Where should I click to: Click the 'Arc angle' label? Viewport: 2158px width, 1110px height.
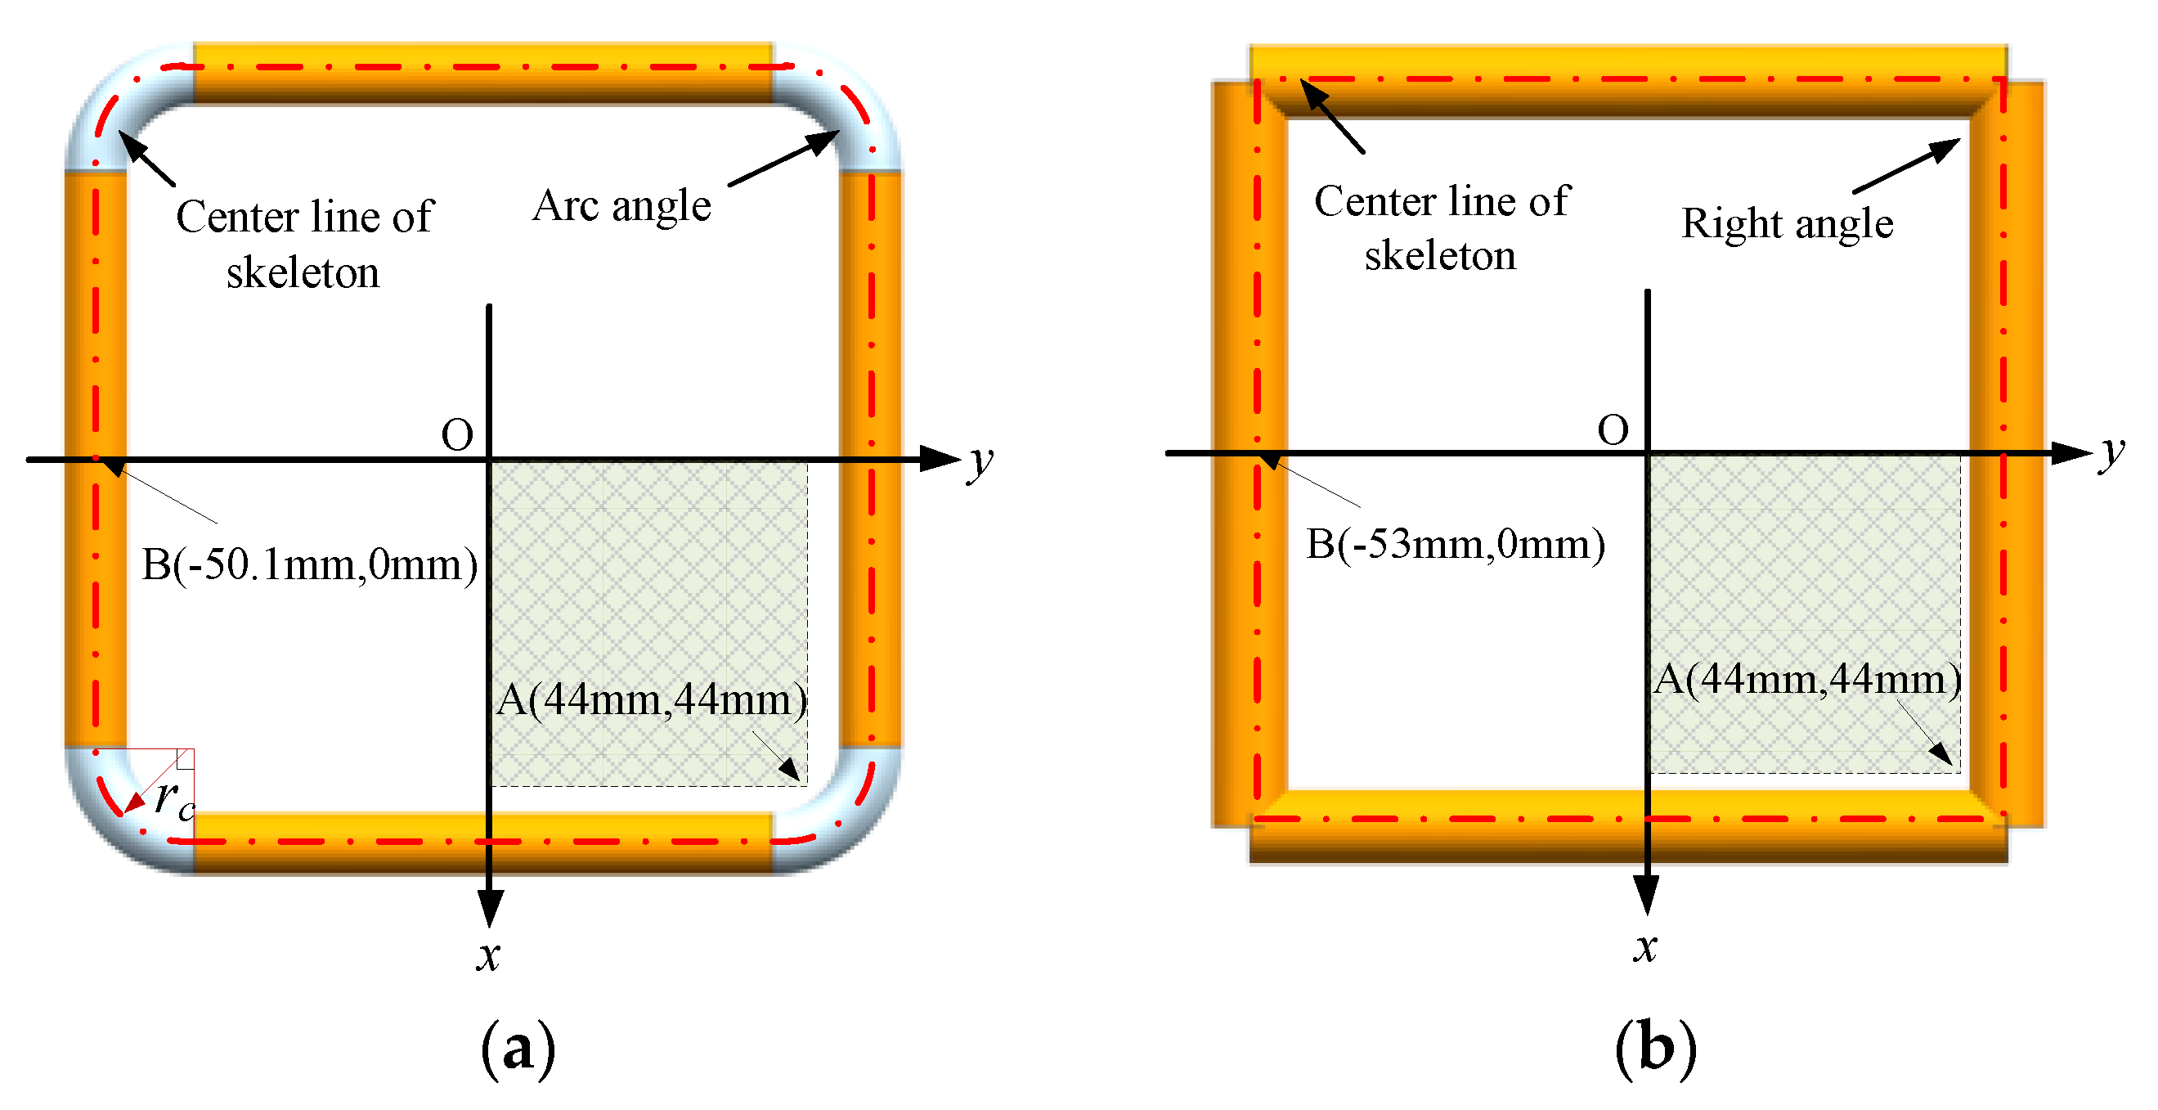point(621,206)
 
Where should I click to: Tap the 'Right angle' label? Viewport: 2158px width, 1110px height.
point(1787,223)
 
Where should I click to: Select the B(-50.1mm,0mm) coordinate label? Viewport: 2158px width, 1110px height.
point(309,564)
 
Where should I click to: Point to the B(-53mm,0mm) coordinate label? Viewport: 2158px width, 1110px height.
point(1455,545)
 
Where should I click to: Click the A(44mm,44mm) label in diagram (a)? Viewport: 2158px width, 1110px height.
point(652,700)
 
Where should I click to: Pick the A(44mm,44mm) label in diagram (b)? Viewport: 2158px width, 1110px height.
point(1807,680)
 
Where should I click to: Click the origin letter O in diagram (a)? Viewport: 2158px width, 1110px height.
point(456,436)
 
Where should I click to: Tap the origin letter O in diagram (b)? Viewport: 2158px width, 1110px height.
point(1613,430)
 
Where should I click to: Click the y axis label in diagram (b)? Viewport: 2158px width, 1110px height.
point(2112,452)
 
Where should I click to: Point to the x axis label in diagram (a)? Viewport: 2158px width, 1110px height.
point(488,956)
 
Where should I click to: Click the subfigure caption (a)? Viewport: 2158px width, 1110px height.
point(518,1048)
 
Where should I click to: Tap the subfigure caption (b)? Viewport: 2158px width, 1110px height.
point(1655,1048)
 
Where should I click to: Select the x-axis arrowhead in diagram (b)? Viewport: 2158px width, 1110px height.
point(1647,895)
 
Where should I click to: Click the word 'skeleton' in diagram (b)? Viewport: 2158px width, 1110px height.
point(1440,255)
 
